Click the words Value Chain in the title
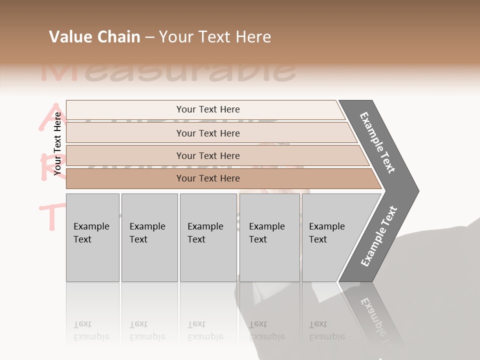pyautogui.click(x=94, y=37)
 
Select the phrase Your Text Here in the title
pyautogui.click(x=215, y=37)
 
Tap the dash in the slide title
pyautogui.click(x=149, y=37)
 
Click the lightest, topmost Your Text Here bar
pyautogui.click(x=207, y=109)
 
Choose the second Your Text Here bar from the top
pyautogui.click(x=207, y=133)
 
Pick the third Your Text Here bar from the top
pyautogui.click(x=207, y=155)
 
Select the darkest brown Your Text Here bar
pyautogui.click(x=207, y=178)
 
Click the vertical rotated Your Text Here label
pyautogui.click(x=57, y=143)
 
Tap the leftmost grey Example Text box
pyautogui.click(x=92, y=237)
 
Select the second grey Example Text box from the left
pyautogui.click(x=149, y=237)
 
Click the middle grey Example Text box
pyautogui.click(x=208, y=237)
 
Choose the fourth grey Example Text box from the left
pyautogui.click(x=269, y=237)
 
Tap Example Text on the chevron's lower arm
pyautogui.click(x=378, y=236)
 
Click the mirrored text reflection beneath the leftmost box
pyautogui.click(x=91, y=330)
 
